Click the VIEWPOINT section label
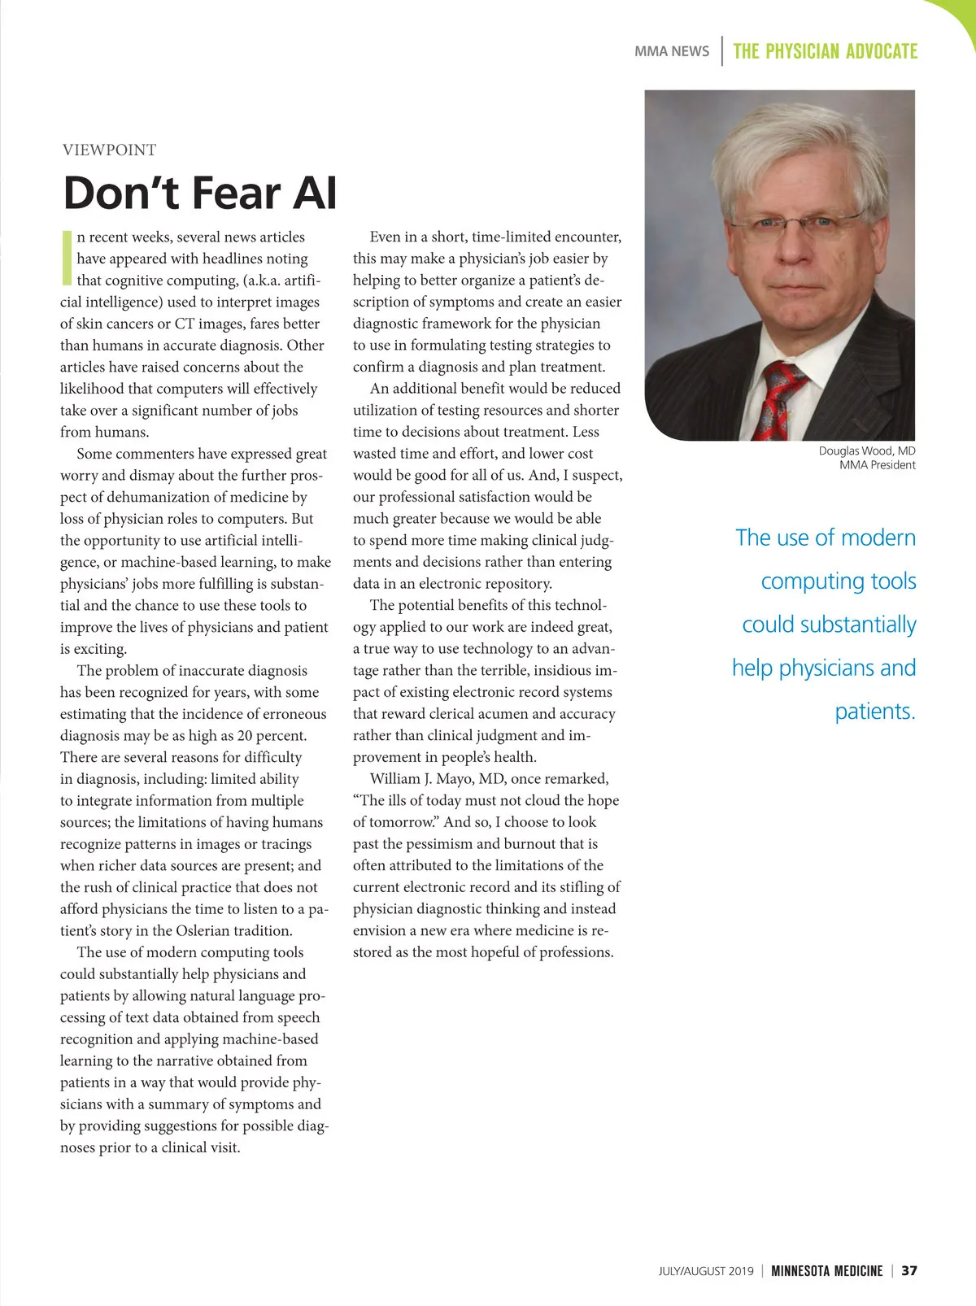click(109, 150)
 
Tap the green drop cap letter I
click(67, 258)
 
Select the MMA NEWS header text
click(671, 51)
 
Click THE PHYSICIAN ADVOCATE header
click(825, 51)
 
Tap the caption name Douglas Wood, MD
click(866, 451)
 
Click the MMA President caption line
click(877, 465)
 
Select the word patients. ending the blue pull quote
click(874, 712)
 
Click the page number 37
click(909, 1271)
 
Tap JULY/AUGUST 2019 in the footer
click(705, 1271)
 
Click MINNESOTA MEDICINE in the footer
click(826, 1271)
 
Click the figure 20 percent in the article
click(272, 736)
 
